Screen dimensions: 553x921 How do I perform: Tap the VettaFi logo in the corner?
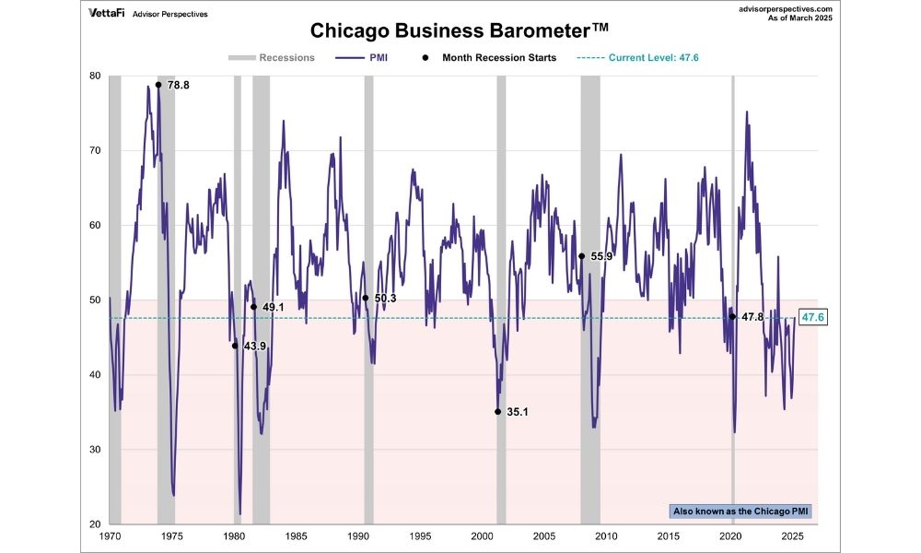click(108, 14)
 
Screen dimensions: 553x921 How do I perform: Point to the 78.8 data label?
click(179, 85)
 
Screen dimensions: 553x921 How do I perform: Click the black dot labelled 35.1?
click(497, 412)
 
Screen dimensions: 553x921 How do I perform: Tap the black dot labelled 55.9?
click(581, 256)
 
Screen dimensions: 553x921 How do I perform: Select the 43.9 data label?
click(254, 346)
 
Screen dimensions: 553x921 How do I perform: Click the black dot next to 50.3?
click(366, 298)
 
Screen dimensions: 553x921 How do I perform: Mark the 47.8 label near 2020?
click(752, 316)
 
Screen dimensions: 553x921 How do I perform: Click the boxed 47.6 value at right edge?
click(812, 317)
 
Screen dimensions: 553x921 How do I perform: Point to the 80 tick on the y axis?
click(96, 76)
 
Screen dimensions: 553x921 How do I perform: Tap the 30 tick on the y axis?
click(96, 450)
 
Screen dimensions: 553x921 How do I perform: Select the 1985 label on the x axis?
click(296, 535)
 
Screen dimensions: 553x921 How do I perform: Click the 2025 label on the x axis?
click(791, 535)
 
